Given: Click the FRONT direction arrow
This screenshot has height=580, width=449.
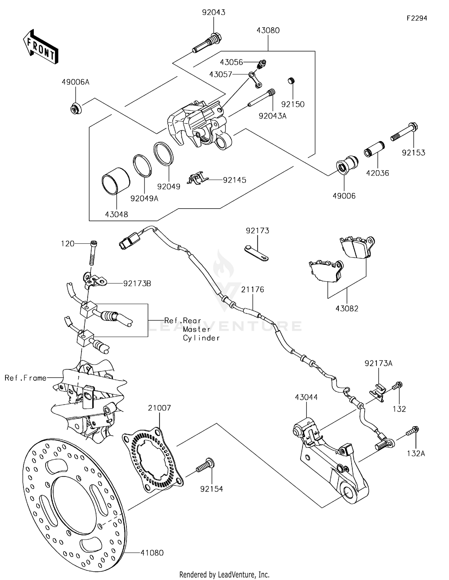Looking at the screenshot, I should point(40,47).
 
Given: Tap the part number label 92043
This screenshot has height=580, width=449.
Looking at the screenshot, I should point(213,13).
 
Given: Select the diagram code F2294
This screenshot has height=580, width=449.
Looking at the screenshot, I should point(417,18).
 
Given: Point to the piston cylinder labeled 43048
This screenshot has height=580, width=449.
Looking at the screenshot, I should point(116,181).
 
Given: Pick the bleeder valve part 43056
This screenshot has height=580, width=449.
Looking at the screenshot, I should point(262,63).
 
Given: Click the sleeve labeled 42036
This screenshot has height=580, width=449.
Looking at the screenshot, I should point(374,149).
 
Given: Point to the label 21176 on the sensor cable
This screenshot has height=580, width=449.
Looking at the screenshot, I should point(253,289).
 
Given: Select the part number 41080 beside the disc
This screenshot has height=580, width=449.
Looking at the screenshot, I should point(152,553).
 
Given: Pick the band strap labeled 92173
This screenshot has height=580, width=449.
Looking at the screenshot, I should point(256,253).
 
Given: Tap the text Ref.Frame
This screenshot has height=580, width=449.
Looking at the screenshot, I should point(25,378).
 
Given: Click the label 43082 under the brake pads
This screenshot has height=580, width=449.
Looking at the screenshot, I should point(347,309).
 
